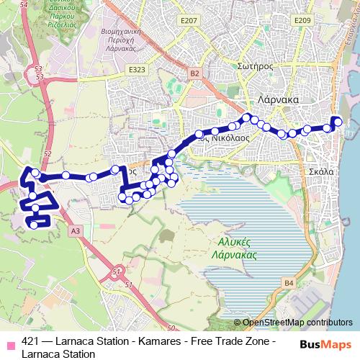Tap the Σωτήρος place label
pyautogui.click(x=253, y=66)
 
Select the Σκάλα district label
pyautogui.click(x=320, y=172)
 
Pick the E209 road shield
pyautogui.click(x=302, y=21)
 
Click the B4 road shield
pyautogui.click(x=289, y=284)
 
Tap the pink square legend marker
pyautogui.click(x=10, y=343)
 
